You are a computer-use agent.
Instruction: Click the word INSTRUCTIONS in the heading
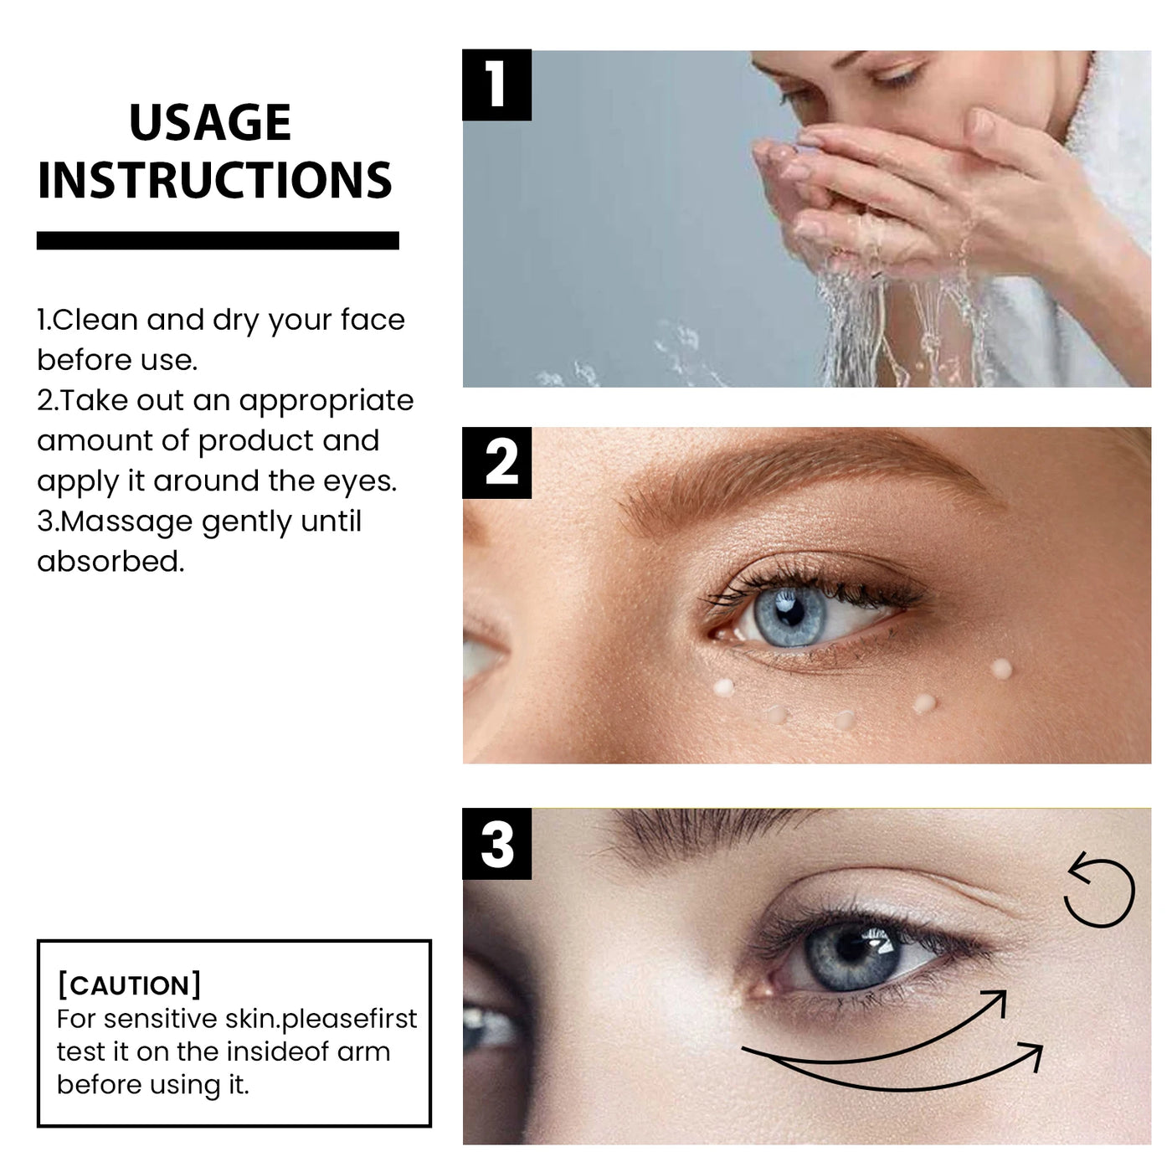[x=215, y=180]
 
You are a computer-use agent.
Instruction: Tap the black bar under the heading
[x=218, y=241]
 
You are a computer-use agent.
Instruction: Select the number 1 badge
[x=496, y=85]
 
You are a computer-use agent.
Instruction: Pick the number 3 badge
[x=497, y=844]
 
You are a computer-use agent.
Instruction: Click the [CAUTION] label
[x=129, y=985]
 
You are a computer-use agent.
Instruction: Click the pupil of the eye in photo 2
[x=788, y=610]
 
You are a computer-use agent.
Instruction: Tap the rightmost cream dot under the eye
[x=1000, y=668]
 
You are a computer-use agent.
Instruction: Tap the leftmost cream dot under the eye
[x=722, y=687]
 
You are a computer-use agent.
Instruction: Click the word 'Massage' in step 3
[x=127, y=522]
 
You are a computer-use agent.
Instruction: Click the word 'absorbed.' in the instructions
[x=111, y=562]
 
